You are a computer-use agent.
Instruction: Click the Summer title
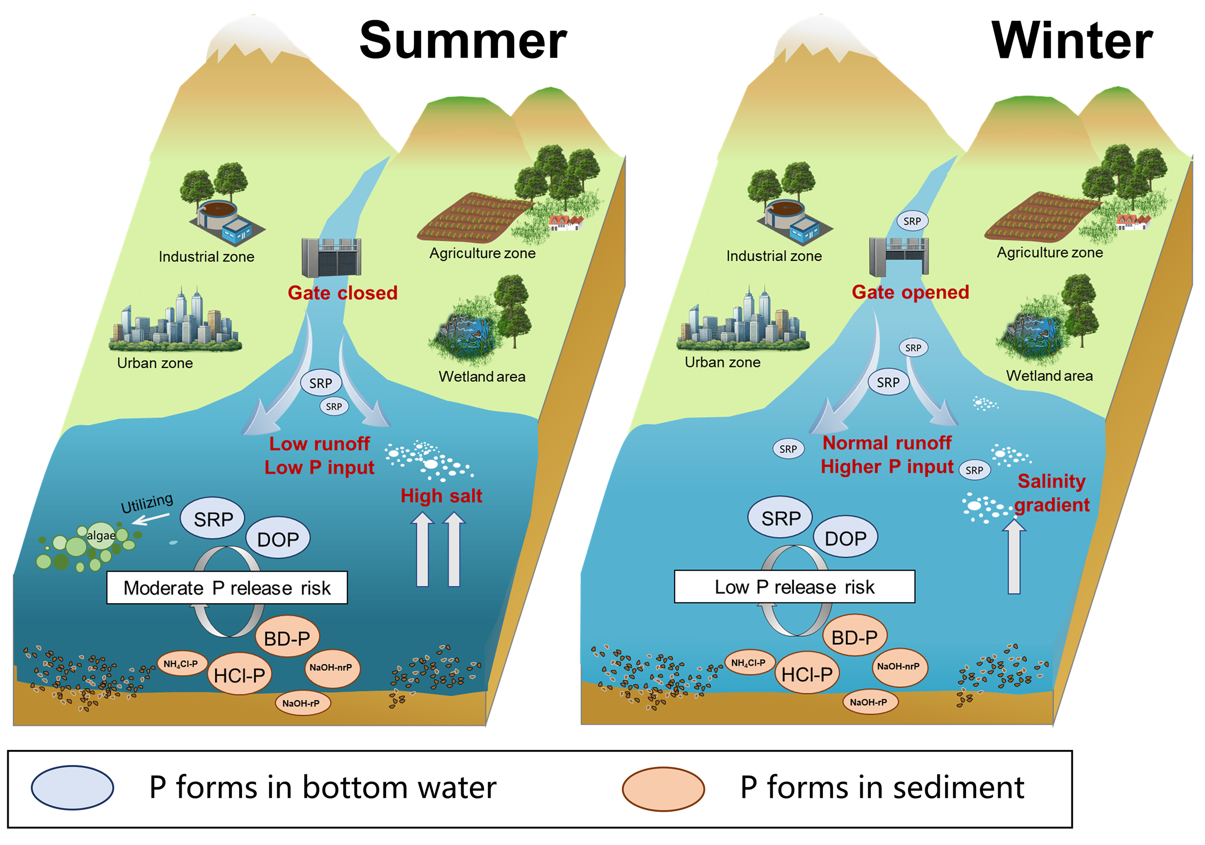(x=462, y=41)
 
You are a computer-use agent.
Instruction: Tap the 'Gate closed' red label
(x=342, y=292)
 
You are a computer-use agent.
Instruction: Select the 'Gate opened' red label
(x=910, y=292)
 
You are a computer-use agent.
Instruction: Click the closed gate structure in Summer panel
(x=331, y=258)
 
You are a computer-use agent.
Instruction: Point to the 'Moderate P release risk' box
(x=227, y=588)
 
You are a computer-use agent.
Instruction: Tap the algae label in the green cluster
(x=101, y=536)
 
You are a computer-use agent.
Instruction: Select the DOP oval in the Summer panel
(x=278, y=539)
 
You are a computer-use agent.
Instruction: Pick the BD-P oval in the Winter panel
(x=855, y=637)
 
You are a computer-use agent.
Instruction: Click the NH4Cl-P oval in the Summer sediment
(x=181, y=664)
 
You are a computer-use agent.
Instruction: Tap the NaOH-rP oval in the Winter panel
(x=869, y=702)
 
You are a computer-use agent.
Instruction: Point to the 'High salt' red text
(x=441, y=496)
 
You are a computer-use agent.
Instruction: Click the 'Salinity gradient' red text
(x=1051, y=493)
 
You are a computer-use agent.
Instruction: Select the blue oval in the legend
(x=72, y=787)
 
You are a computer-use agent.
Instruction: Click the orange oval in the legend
(x=663, y=788)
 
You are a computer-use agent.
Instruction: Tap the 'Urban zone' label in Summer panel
(x=155, y=363)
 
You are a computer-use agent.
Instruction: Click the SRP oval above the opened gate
(x=911, y=221)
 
